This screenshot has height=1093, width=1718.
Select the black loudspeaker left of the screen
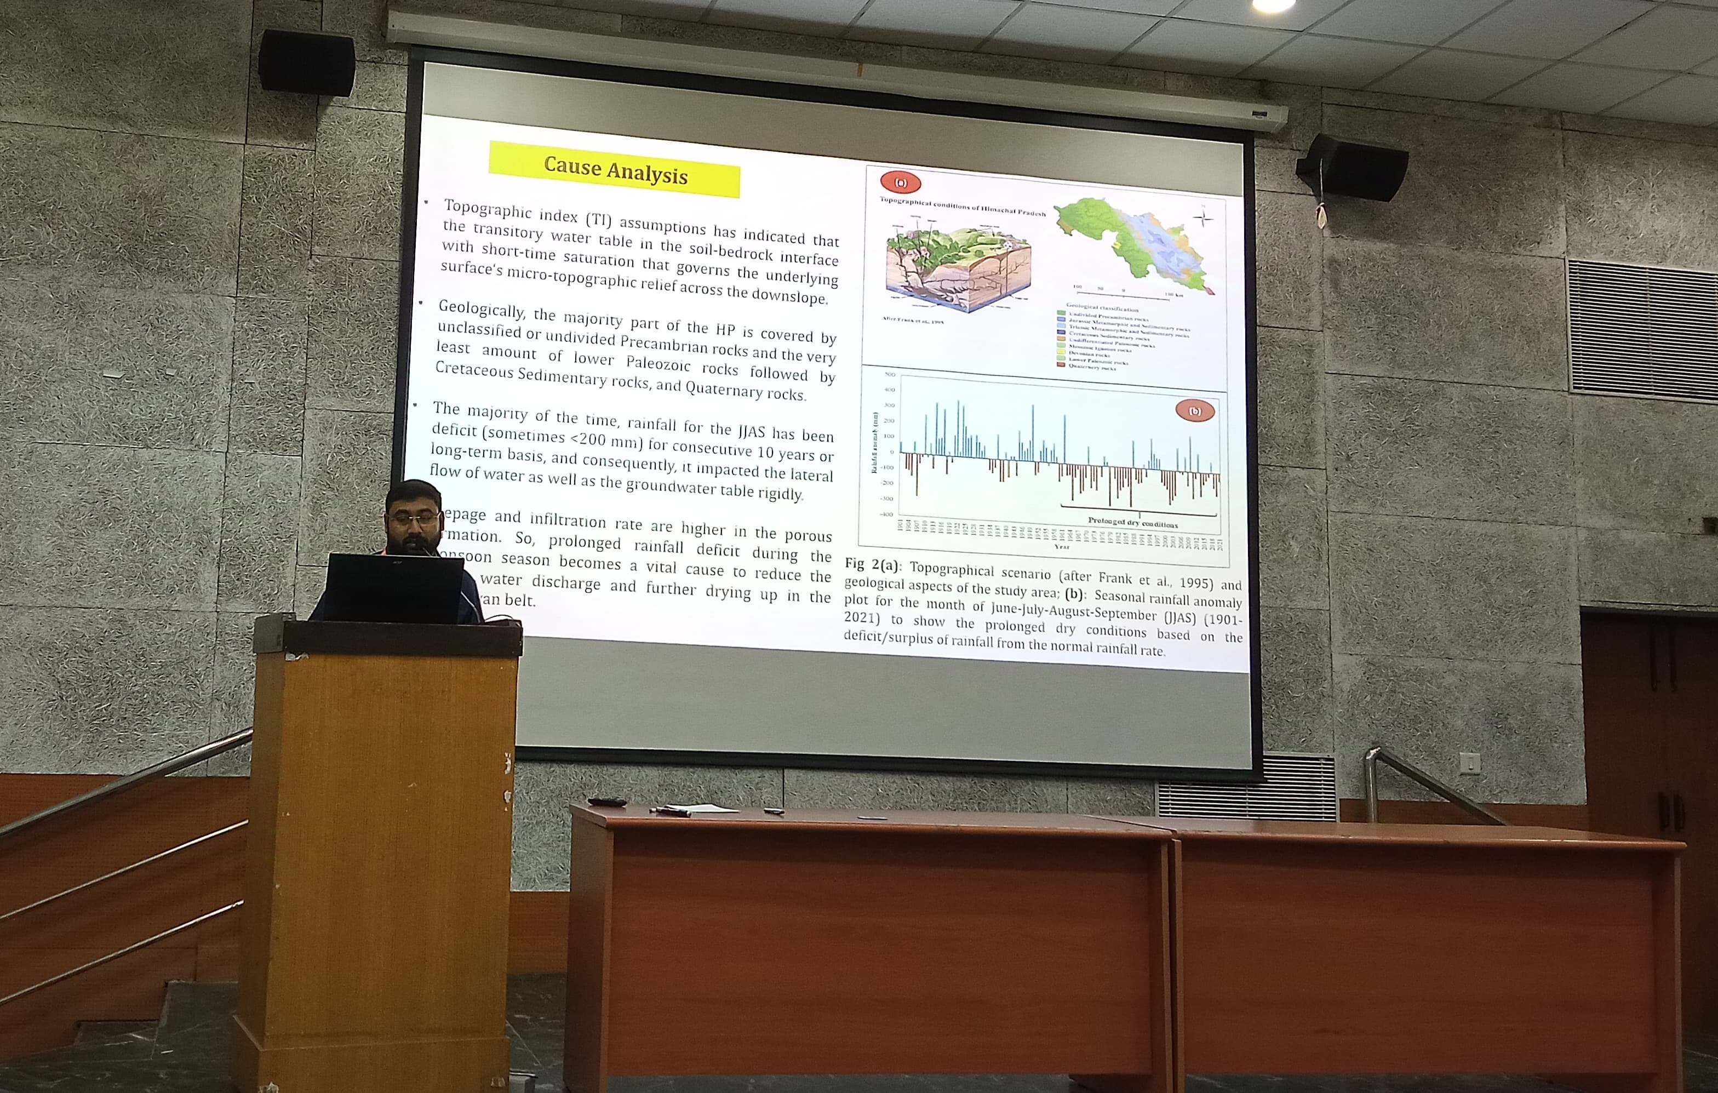307,63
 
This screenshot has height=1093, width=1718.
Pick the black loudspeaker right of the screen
1352,168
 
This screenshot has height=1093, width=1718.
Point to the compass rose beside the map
1203,218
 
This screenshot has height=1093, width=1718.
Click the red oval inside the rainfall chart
1194,411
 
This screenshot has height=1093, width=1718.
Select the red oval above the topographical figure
901,182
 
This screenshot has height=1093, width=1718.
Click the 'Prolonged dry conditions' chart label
1132,522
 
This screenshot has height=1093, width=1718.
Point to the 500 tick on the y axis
890,375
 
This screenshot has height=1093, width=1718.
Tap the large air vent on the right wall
1641,328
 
